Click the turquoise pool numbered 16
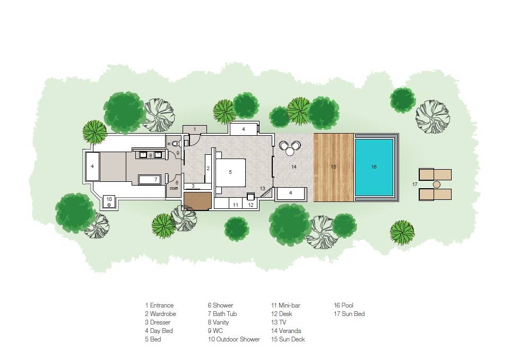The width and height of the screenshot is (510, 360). click(374, 166)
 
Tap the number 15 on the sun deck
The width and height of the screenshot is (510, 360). click(333, 166)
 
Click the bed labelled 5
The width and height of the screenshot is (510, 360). click(230, 172)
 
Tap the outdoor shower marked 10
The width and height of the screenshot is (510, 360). click(109, 200)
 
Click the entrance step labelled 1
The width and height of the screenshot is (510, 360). click(195, 129)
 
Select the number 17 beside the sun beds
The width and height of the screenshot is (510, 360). click(415, 184)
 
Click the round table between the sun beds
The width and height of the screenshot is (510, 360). click(436, 185)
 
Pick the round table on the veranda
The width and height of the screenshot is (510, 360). click(290, 151)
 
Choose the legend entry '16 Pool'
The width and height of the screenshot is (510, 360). click(343, 305)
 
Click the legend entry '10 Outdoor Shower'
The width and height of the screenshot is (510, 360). click(234, 339)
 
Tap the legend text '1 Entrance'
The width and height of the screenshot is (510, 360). click(159, 305)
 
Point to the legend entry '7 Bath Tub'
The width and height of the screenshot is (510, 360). click(222, 314)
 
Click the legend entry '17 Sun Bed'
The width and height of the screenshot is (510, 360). click(349, 314)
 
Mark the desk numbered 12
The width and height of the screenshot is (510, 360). click(251, 203)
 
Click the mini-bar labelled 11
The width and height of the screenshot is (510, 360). click(235, 204)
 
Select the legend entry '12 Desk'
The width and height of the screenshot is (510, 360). click(282, 314)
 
